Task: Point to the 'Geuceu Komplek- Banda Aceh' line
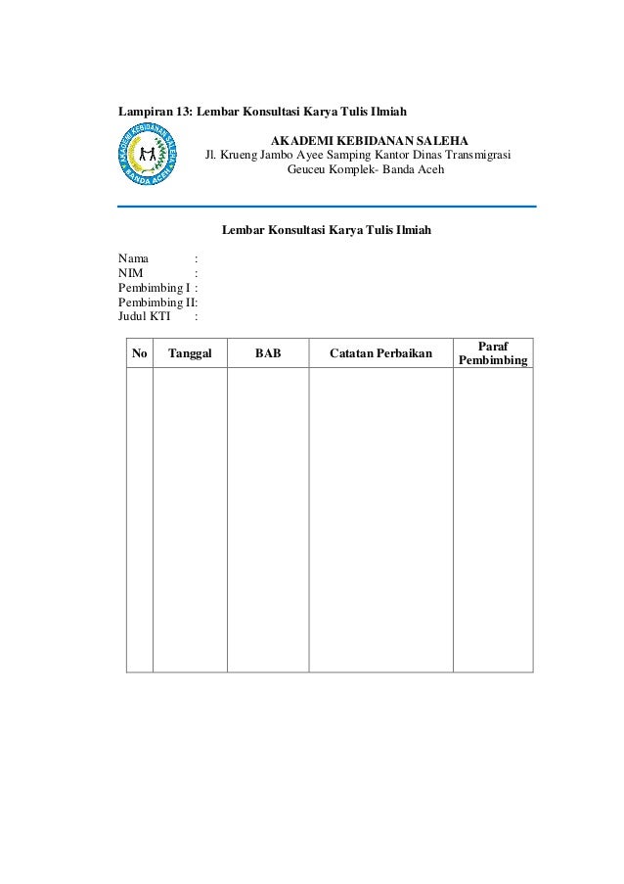click(364, 169)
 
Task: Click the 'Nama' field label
click(134, 258)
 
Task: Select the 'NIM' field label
click(131, 273)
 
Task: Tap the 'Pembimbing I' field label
click(154, 288)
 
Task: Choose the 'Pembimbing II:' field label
click(157, 302)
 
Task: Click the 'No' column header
click(140, 353)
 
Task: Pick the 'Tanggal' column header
click(190, 353)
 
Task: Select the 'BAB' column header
click(268, 353)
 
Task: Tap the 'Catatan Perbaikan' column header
click(380, 353)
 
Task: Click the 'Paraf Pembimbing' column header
click(492, 353)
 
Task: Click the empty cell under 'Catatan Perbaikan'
click(380, 519)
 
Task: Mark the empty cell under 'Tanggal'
click(190, 519)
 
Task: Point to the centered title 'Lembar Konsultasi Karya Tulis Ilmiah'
click(326, 231)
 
